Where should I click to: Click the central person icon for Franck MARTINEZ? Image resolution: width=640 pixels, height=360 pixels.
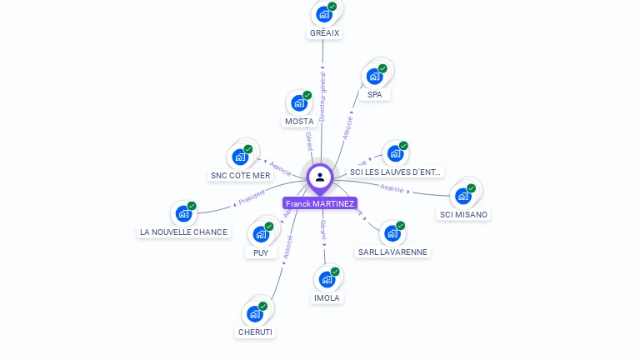click(x=320, y=177)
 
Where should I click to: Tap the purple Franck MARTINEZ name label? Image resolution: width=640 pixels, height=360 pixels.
click(x=320, y=203)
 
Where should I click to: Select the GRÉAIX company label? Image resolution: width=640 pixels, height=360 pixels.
click(x=324, y=33)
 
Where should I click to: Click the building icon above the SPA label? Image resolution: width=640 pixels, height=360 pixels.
click(x=375, y=77)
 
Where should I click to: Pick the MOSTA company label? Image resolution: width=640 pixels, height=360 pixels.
click(x=299, y=122)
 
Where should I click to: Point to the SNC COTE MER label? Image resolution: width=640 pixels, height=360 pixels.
click(x=241, y=176)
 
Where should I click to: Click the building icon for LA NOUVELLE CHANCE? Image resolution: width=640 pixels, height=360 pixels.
click(x=184, y=214)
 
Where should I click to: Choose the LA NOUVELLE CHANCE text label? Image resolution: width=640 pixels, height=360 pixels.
click(x=183, y=232)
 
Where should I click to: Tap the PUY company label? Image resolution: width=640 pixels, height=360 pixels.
click(x=261, y=252)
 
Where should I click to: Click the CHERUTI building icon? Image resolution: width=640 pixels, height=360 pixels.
click(x=254, y=314)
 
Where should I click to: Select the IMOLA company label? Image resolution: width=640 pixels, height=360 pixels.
click(x=327, y=297)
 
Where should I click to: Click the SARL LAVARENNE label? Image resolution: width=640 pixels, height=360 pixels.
click(x=392, y=252)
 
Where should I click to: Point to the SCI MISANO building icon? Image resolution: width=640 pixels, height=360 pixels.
click(x=462, y=197)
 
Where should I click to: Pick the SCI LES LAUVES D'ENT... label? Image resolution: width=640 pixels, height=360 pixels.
click(x=395, y=172)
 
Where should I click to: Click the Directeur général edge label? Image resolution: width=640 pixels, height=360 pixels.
click(x=322, y=96)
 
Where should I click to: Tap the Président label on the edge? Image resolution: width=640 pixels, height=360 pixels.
click(x=252, y=197)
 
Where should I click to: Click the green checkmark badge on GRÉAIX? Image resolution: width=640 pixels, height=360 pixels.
click(x=332, y=7)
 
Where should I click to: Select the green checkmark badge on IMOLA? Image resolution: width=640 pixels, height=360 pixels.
click(x=335, y=271)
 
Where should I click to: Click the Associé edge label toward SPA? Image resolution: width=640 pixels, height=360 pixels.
click(x=347, y=127)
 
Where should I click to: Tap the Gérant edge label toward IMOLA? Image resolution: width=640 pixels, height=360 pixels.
click(x=323, y=230)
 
